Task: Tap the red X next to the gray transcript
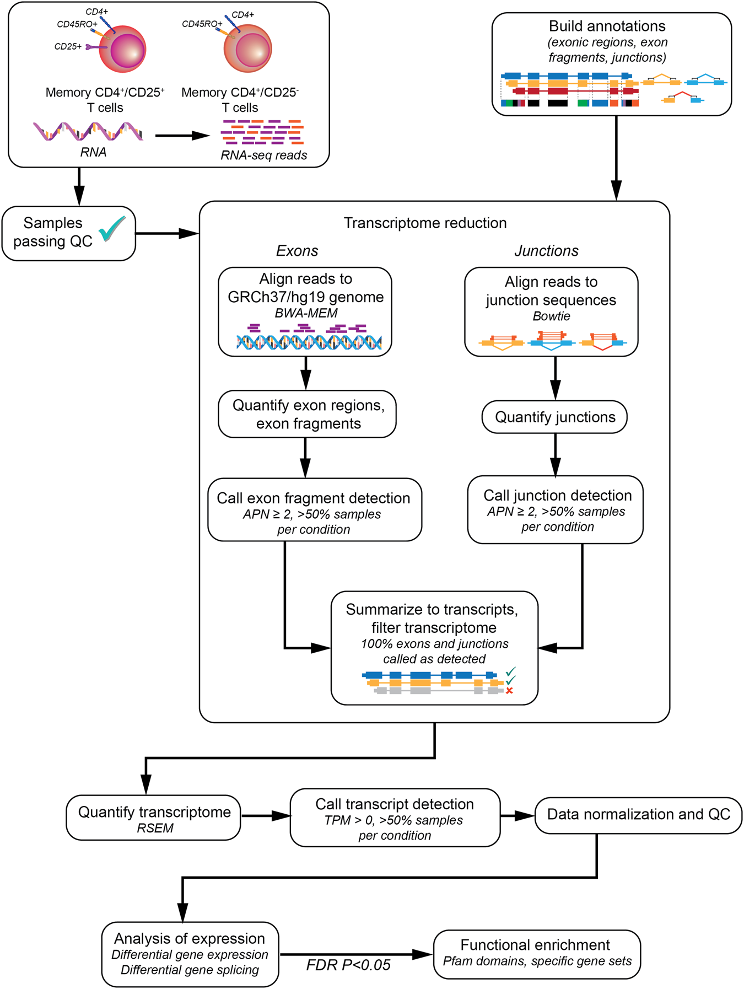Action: point(509,691)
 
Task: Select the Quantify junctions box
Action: point(554,417)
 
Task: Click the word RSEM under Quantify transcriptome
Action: point(155,828)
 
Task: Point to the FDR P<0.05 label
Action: point(348,965)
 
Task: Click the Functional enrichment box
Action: point(537,954)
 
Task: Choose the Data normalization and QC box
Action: point(638,815)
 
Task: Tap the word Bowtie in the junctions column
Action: point(551,316)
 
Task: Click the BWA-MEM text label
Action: point(306,313)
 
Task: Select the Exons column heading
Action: point(297,251)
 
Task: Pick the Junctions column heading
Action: point(546,251)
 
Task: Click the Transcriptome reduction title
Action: point(425,223)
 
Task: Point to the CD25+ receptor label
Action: point(68,47)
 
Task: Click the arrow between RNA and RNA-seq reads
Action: point(182,135)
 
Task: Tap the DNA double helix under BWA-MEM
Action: point(309,342)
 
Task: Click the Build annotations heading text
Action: point(607,26)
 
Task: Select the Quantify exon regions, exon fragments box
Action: point(307,414)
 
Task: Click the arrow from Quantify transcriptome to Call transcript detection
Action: point(265,816)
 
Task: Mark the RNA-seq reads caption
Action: point(263,155)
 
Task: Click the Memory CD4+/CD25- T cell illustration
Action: point(248,48)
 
